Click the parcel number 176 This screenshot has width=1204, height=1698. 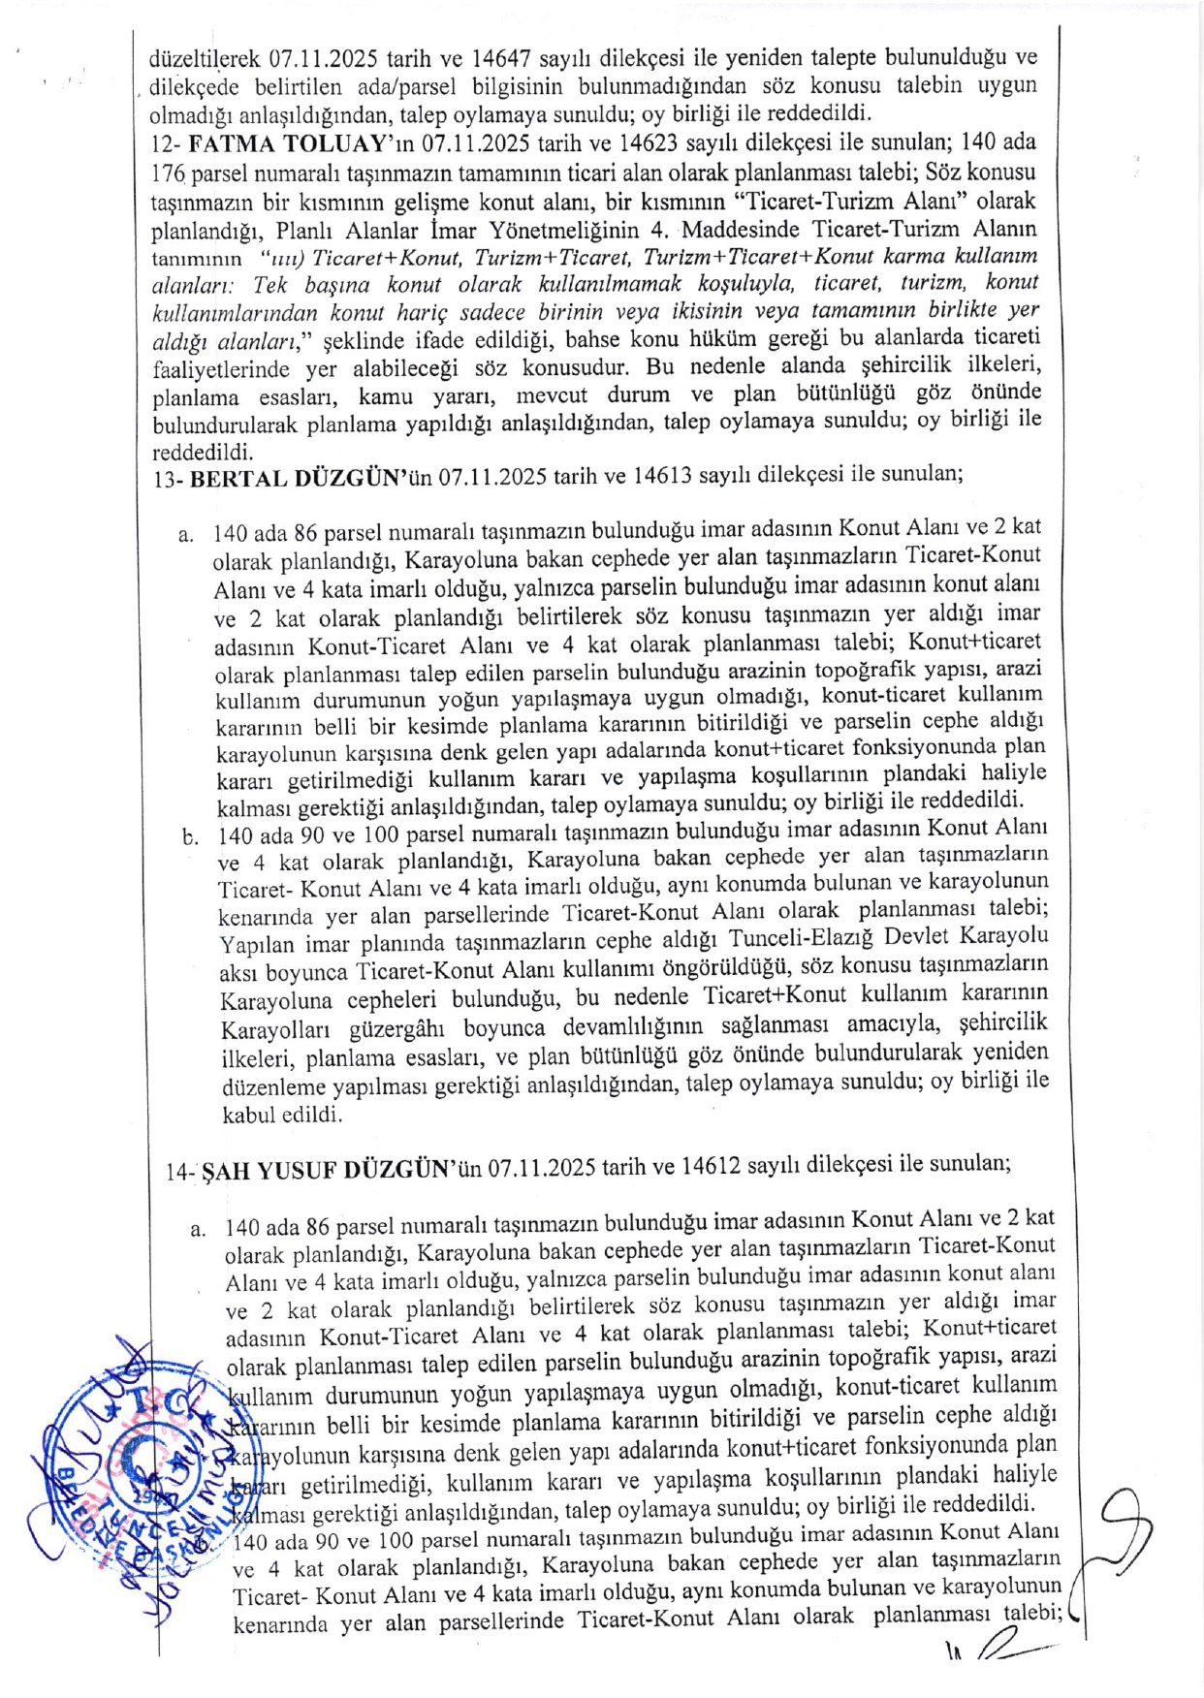click(x=168, y=176)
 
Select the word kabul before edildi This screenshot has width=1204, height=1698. click(x=249, y=1115)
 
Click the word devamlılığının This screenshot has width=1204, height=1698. click(x=633, y=1026)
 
